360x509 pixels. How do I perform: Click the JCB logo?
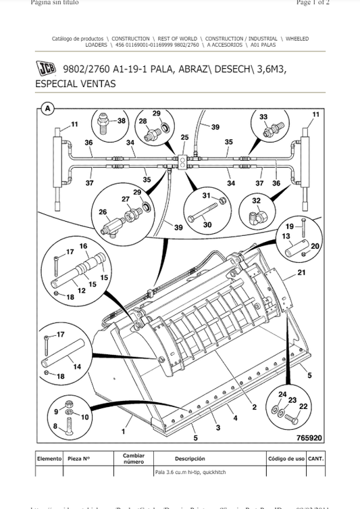coord(46,69)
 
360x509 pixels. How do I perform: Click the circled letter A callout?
coord(47,108)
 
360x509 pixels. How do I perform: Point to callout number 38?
coord(122,121)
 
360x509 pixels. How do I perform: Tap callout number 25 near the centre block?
coord(184,138)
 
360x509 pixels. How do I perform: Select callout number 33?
coord(263,117)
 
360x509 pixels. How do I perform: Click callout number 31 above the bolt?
coord(207,195)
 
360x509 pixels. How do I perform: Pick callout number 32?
coord(256,201)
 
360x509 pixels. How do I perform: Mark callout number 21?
coord(301,272)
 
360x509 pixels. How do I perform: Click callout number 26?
coord(103,212)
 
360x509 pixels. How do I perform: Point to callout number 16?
coord(84,247)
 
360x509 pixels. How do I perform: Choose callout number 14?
coord(77,367)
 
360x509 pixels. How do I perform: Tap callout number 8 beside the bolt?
coord(55,426)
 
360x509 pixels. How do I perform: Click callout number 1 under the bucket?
coord(124,431)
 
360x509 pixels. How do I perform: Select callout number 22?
coord(303,406)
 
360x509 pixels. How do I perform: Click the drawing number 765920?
coord(310,438)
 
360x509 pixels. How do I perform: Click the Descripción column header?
coord(190,458)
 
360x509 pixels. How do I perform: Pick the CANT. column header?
coord(315,458)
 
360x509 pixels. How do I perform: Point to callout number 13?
coord(286,237)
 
